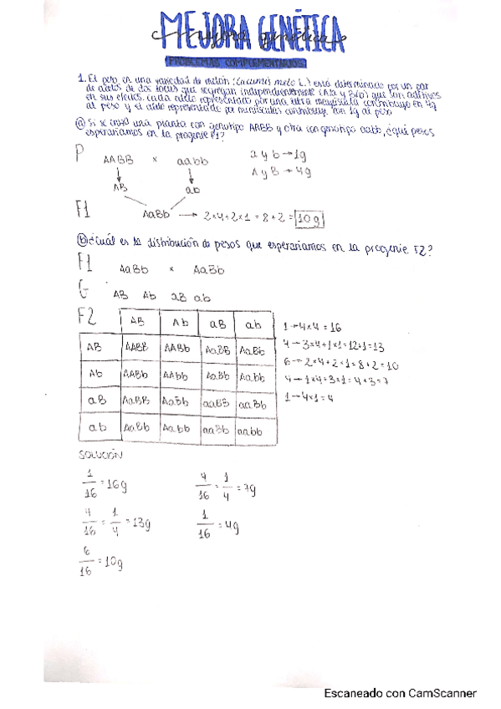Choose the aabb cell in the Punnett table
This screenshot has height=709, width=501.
(x=253, y=431)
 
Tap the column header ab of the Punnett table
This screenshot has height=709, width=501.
(x=253, y=324)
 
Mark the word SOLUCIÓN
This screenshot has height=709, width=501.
(x=100, y=456)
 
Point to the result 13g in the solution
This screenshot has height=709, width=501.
(x=140, y=523)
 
